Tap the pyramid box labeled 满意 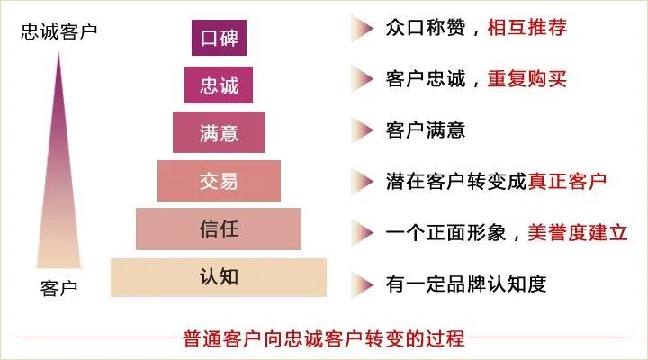coord(219,132)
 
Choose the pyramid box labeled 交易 coord(219,180)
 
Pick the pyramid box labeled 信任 coord(219,228)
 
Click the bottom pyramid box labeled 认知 coord(219,276)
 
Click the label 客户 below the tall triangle coord(59,289)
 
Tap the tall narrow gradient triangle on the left coord(59,171)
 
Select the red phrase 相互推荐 coord(528,29)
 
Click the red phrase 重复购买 coord(528,79)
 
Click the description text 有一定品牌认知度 coord(465,283)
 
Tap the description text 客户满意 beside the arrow coord(425,130)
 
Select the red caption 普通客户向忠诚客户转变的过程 coord(323,339)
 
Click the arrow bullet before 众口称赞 coord(363,29)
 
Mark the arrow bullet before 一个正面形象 coord(363,232)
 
